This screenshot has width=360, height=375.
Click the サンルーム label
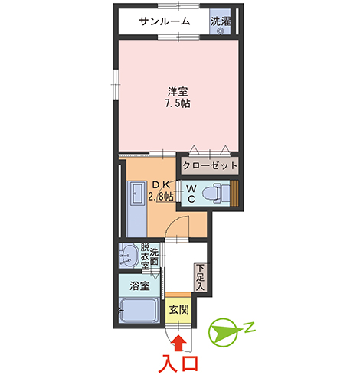(165, 21)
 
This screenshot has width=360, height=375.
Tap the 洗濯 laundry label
(221, 21)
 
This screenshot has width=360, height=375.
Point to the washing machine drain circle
(220, 31)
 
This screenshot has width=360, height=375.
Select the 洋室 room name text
(178, 92)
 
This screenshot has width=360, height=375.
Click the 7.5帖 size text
(178, 103)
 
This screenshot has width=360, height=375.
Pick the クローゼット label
(210, 166)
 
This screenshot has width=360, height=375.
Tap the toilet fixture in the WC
(216, 193)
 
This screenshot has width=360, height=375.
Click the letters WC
(191, 194)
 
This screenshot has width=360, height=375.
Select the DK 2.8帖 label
(162, 191)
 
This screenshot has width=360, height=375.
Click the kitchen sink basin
(136, 194)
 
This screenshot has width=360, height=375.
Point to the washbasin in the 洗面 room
(129, 256)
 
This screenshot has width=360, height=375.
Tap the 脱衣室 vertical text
(145, 256)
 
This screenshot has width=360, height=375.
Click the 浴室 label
(139, 285)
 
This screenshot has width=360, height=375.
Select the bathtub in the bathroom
(139, 310)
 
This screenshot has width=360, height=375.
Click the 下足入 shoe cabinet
(201, 277)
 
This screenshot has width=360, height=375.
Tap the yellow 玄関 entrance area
(178, 310)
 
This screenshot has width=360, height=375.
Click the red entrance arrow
(178, 344)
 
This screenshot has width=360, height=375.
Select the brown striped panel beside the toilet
(234, 193)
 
